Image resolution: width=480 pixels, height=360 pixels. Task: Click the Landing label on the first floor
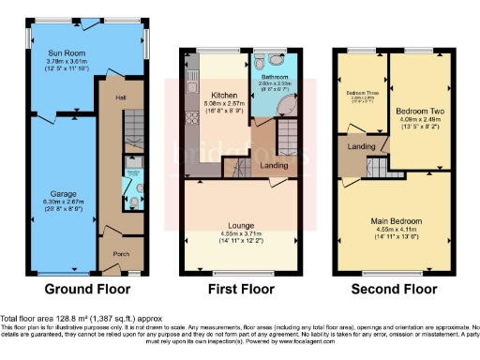(275, 165)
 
